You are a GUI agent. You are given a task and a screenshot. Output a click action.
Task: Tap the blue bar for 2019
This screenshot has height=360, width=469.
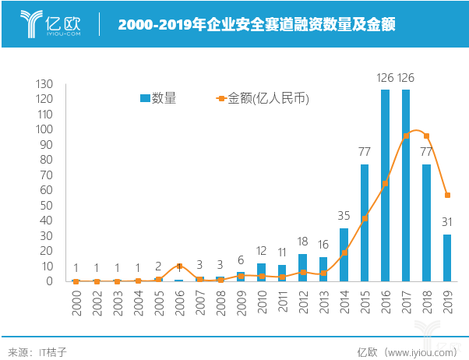[447, 257]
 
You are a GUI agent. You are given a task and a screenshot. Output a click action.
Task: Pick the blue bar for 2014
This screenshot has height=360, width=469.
[344, 254]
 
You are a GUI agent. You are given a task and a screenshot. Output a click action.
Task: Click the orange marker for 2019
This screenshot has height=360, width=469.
[447, 195]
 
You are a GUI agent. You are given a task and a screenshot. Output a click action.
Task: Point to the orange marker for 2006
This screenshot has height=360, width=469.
[179, 266]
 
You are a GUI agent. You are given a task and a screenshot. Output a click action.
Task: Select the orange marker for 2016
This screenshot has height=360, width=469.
[385, 184]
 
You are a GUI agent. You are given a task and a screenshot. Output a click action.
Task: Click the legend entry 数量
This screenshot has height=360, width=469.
[157, 98]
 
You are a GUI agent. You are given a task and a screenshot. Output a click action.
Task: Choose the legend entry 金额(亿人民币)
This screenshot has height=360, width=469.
[261, 98]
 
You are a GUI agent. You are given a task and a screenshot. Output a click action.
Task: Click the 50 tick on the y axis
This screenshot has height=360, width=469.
[46, 205]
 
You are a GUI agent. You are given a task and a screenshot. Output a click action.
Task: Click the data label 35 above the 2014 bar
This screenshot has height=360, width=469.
[344, 216]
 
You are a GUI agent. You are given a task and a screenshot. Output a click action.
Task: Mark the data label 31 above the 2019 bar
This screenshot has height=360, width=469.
[447, 222]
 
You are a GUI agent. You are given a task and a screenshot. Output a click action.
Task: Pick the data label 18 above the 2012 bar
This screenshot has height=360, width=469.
[302, 242]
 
